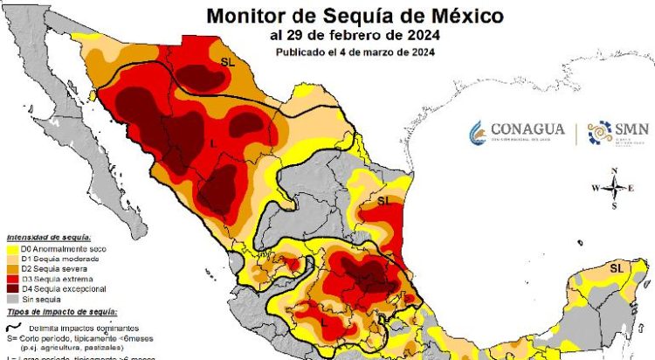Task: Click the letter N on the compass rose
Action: point(615,170)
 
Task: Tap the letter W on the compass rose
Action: point(596,188)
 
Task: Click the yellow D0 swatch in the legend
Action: point(16,248)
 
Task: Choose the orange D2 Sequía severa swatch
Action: point(16,268)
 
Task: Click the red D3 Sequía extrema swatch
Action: point(16,278)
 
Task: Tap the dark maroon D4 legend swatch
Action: point(16,288)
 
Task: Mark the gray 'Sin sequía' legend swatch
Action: point(16,298)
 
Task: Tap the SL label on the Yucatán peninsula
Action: point(617,267)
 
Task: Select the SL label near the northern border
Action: point(228,62)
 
